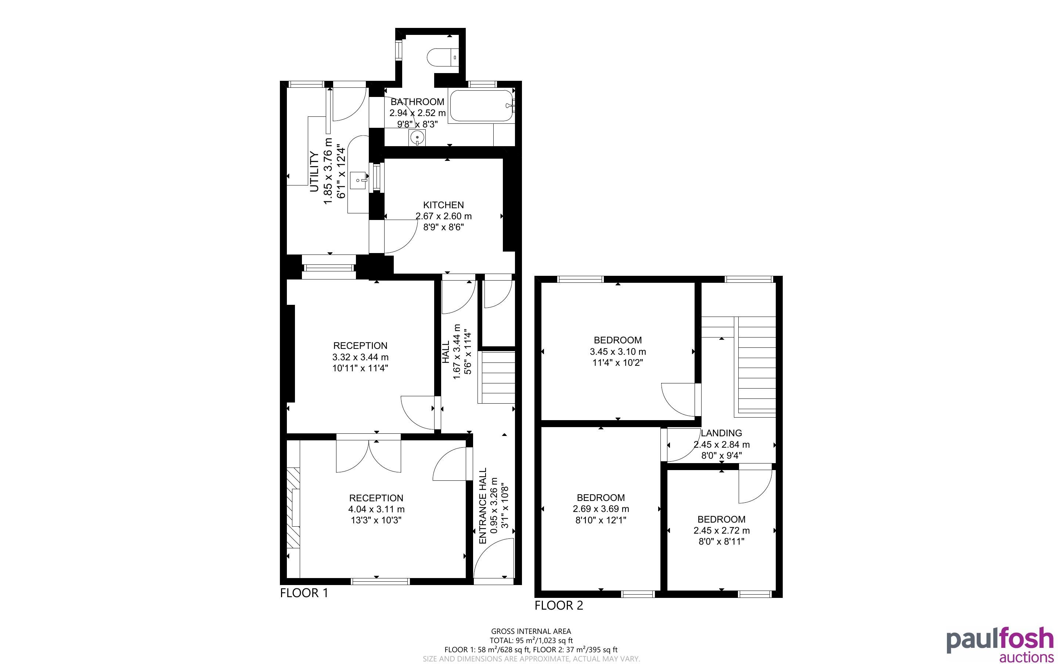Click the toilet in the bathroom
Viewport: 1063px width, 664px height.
pos(443,57)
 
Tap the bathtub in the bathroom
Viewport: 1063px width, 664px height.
pos(482,105)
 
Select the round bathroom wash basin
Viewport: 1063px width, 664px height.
pos(417,138)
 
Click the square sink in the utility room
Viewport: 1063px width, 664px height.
pos(359,180)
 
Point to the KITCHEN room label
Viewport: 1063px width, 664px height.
pos(443,205)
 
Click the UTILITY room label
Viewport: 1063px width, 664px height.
pos(314,172)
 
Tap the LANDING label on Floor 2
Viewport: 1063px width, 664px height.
pos(721,433)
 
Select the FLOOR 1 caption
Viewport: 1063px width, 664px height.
pos(304,593)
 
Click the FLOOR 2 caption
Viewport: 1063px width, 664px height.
pos(559,605)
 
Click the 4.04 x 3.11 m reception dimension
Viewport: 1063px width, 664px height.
pos(376,509)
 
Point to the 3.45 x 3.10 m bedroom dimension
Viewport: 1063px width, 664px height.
pos(618,351)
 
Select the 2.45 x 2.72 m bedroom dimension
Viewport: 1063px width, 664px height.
pos(721,530)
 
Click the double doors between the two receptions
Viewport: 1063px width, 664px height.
pos(368,453)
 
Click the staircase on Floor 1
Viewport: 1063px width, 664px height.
pos(497,377)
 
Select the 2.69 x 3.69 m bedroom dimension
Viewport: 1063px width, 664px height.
pos(601,509)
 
